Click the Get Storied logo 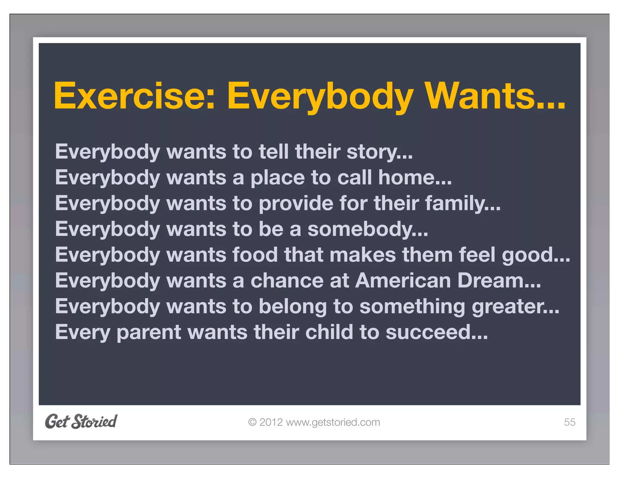point(81,421)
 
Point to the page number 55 point(569,422)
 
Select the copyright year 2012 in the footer point(271,422)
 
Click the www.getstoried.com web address point(333,422)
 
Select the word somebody point(360,229)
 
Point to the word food point(255,255)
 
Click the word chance point(287,281)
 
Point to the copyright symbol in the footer point(252,422)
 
